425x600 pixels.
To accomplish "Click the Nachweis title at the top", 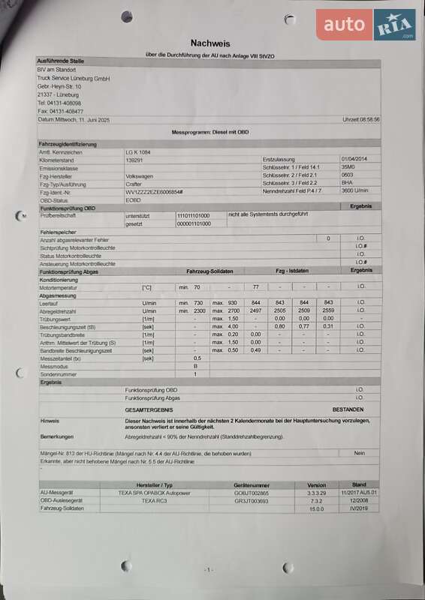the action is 211,43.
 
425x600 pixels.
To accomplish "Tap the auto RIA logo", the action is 366,25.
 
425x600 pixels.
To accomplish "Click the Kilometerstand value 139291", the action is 134,160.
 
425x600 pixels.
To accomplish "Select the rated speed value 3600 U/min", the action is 355,192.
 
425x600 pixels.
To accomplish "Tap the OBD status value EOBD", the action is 133,200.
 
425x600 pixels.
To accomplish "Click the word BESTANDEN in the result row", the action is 348,409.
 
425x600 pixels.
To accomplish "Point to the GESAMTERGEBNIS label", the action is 150,409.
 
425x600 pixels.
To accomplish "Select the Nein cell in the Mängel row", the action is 360,454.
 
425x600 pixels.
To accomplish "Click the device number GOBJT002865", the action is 252,493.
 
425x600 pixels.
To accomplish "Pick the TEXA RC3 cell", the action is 154,500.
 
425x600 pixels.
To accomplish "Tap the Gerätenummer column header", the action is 252,485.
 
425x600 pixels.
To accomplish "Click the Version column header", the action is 316,485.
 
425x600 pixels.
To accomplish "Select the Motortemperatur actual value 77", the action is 255,286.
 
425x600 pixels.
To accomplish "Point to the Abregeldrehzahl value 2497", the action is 255,310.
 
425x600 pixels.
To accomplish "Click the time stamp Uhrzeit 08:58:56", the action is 360,119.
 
